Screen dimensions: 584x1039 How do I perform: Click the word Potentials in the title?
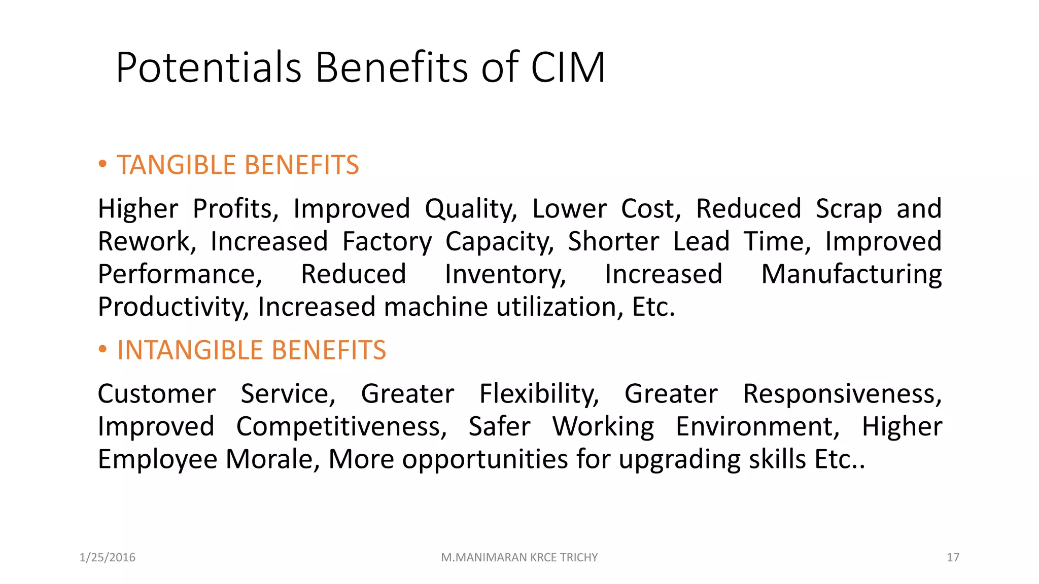(209, 68)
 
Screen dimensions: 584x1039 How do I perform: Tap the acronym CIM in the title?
(568, 68)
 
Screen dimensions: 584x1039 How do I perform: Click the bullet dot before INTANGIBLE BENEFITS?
(102, 349)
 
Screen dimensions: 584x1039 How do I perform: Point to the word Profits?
(235, 209)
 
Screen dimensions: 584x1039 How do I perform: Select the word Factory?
(387, 242)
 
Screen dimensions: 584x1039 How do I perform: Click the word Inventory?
(505, 275)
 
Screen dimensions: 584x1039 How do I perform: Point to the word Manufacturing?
(851, 275)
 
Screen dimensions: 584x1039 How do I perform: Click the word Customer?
(157, 394)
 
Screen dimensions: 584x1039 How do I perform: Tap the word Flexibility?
(539, 394)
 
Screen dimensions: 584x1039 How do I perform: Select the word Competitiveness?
(341, 427)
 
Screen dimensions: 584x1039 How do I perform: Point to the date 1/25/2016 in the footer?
(108, 558)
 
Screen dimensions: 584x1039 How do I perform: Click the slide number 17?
(953, 558)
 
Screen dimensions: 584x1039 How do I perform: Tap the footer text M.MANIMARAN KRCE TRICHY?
(519, 558)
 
